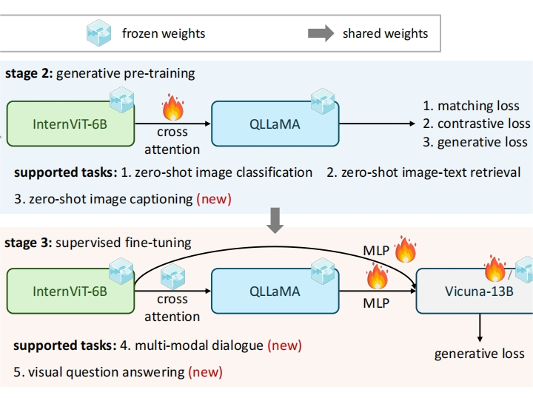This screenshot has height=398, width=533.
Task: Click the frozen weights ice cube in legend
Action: pyautogui.click(x=99, y=33)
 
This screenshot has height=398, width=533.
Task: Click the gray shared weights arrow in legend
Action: pyautogui.click(x=321, y=33)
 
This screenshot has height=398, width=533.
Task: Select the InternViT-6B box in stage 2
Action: pyautogui.click(x=70, y=124)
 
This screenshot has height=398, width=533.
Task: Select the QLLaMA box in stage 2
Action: pyautogui.click(x=275, y=124)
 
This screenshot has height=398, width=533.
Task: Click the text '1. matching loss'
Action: pyautogui.click(x=471, y=106)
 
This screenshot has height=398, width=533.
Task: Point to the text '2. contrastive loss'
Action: pyautogui.click(x=476, y=124)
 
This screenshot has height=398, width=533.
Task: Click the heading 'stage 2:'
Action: pyautogui.click(x=29, y=73)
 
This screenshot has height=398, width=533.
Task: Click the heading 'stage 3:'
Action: pyautogui.click(x=29, y=242)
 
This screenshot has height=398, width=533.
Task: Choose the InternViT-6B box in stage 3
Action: pyautogui.click(x=70, y=291)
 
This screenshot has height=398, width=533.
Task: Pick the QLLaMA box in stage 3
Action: pyautogui.click(x=275, y=291)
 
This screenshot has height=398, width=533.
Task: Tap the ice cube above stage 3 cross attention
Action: pyautogui.click(x=172, y=277)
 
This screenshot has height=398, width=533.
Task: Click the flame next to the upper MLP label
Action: pyautogui.click(x=406, y=249)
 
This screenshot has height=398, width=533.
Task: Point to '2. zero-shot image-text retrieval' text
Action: pyautogui.click(x=424, y=172)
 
